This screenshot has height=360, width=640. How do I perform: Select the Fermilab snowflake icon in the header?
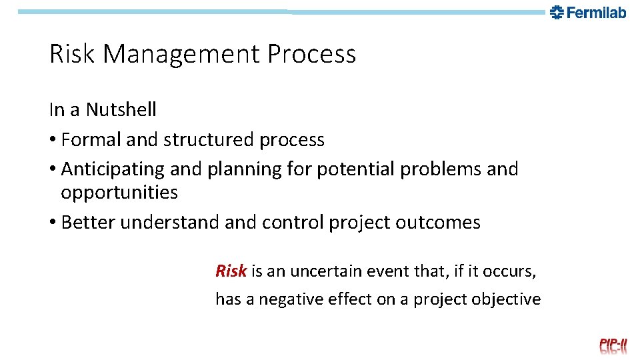557,12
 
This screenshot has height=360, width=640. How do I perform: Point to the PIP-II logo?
613,345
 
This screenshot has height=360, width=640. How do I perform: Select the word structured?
209,140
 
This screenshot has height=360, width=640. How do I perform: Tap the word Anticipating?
113,169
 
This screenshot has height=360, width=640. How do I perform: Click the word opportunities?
119,193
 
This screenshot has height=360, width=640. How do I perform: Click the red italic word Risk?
231,271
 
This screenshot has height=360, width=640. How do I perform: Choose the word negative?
291,299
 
